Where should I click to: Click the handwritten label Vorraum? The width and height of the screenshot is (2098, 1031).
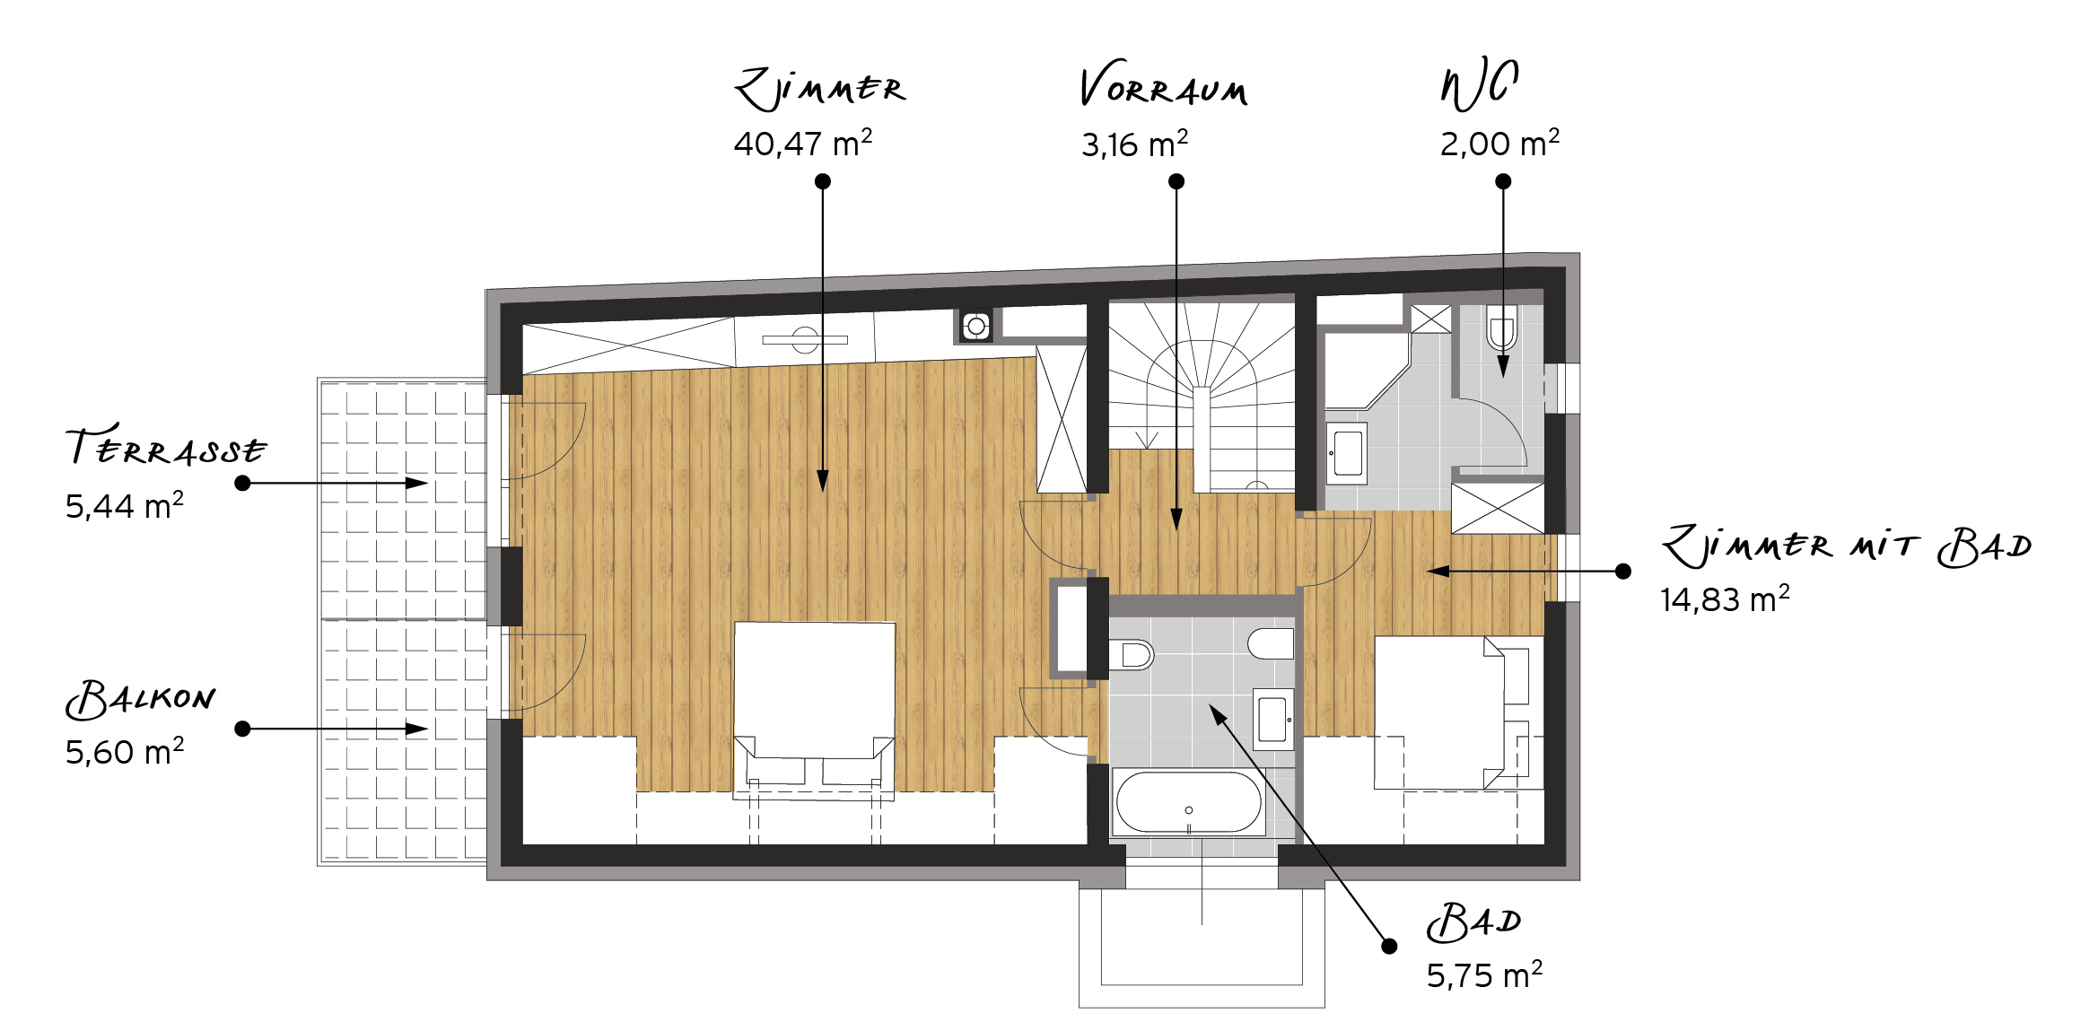point(1164,85)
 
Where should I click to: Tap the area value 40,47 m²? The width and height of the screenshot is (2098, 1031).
point(803,144)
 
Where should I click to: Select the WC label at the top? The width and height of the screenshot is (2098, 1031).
point(1480,83)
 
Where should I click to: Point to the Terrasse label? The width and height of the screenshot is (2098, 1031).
point(167,445)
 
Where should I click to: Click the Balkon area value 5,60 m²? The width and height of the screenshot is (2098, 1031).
point(125,752)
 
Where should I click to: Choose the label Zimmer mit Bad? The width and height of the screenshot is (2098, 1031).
point(1847,546)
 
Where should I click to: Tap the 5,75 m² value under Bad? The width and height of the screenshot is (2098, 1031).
point(1485,975)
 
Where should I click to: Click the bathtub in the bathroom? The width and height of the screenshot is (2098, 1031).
point(1189,802)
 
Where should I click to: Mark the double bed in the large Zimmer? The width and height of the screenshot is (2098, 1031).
point(814,709)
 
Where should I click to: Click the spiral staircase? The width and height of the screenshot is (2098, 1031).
point(1202,395)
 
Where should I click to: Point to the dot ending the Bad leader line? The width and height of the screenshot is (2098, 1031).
point(1389,946)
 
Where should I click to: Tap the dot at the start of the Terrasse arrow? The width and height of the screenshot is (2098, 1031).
point(242,483)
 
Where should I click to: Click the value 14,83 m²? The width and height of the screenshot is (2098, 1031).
point(1725,599)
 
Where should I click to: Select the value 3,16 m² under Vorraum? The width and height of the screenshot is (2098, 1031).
point(1135,144)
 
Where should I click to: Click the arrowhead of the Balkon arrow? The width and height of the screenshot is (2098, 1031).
point(417,729)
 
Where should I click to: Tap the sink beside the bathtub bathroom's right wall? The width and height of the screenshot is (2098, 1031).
point(1273,719)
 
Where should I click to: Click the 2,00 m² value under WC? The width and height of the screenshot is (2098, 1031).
point(1500,144)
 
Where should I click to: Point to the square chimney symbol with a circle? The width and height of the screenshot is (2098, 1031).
point(976,327)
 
